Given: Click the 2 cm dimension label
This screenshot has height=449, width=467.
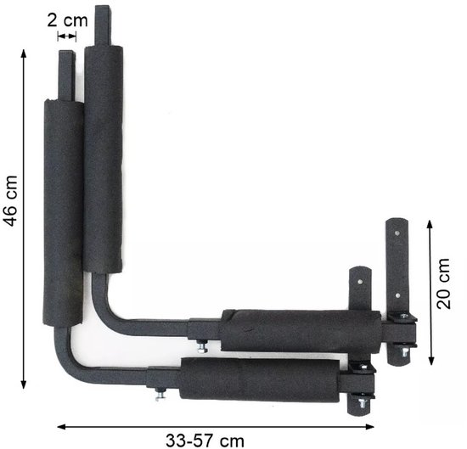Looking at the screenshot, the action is [x=68, y=21].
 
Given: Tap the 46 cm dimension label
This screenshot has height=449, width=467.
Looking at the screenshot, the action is [x=10, y=201].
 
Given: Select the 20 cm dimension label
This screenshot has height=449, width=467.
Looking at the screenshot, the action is [x=443, y=283].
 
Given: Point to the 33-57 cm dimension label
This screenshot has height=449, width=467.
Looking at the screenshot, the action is [x=205, y=441].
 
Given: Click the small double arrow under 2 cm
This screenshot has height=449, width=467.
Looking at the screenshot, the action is [x=67, y=36].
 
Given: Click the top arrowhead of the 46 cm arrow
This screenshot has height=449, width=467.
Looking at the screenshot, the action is [x=24, y=53].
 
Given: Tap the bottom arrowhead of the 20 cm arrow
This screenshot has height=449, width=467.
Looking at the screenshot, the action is [x=430, y=361].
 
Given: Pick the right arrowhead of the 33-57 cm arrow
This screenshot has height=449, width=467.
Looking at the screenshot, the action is [x=369, y=427].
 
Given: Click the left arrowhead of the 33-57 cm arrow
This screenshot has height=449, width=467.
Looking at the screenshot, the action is [x=61, y=427].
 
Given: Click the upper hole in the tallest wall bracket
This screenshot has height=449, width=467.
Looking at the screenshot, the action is [x=397, y=233].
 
